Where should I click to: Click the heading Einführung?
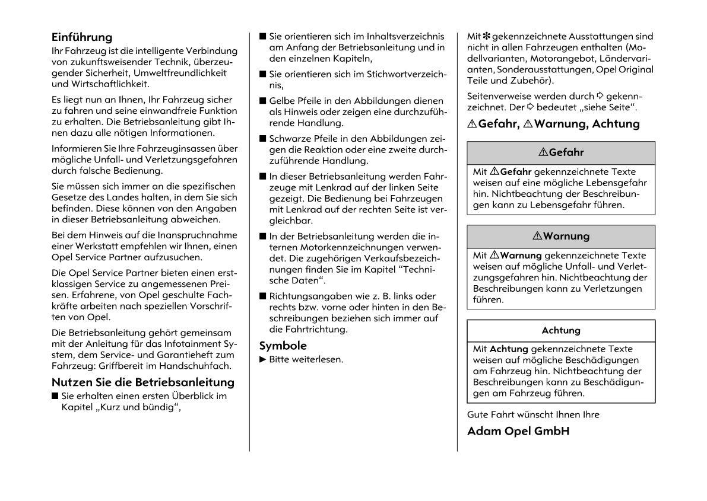click(x=81, y=37)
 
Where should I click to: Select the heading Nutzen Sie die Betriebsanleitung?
click(x=142, y=382)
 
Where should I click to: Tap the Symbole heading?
click(x=283, y=346)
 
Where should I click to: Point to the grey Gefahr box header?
click(x=561, y=152)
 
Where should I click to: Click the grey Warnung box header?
click(x=561, y=236)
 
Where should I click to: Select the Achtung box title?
click(x=561, y=330)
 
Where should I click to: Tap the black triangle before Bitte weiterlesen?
click(x=263, y=359)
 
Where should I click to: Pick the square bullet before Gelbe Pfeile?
click(x=263, y=101)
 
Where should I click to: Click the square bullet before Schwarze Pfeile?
click(x=263, y=139)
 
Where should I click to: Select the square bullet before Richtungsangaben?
click(x=263, y=296)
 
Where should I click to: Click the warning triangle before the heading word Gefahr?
click(x=472, y=124)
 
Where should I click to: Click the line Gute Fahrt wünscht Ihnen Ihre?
click(x=533, y=414)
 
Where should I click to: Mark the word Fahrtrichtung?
click(x=317, y=330)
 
